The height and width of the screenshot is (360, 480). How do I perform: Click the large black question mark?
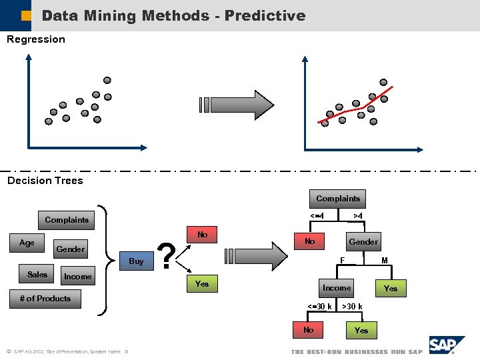pyautogui.click(x=169, y=257)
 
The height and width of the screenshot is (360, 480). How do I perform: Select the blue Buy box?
pyautogui.click(x=136, y=261)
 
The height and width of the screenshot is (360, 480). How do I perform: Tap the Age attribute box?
pyautogui.click(x=27, y=243)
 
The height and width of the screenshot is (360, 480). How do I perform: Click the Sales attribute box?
pyautogui.click(x=37, y=275)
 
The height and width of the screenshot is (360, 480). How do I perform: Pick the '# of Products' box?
pyautogui.click(x=45, y=299)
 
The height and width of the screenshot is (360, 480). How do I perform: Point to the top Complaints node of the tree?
pyautogui.click(x=337, y=199)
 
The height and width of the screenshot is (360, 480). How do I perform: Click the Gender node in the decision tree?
pyautogui.click(x=363, y=242)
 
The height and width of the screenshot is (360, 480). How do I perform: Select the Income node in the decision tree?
pyautogui.click(x=337, y=288)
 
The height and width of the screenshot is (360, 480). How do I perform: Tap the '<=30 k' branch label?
pyautogui.click(x=319, y=307)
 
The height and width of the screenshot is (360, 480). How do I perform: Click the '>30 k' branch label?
pyautogui.click(x=352, y=307)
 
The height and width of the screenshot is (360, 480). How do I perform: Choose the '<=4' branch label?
pyautogui.click(x=317, y=216)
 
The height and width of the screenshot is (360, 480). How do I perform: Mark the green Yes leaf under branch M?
pyautogui.click(x=391, y=289)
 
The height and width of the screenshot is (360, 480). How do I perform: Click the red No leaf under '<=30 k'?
pyautogui.click(x=309, y=330)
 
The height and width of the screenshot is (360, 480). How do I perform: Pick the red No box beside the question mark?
pyautogui.click(x=203, y=235)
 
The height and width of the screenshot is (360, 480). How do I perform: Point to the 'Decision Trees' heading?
pyautogui.click(x=45, y=181)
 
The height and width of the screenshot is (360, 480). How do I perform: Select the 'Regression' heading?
pyautogui.click(x=36, y=39)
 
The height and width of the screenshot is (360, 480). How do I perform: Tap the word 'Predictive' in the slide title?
pyautogui.click(x=265, y=15)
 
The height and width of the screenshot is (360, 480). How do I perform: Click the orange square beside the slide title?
pyautogui.click(x=26, y=15)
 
